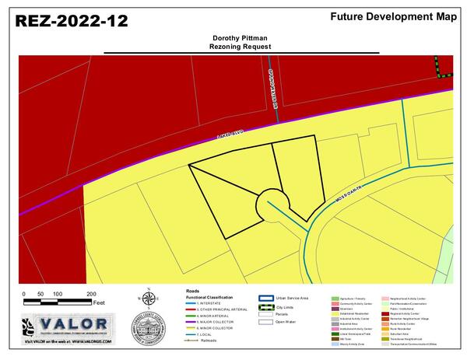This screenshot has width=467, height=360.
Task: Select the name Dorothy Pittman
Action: point(241,37)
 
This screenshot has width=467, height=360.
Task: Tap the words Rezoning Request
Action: point(241,47)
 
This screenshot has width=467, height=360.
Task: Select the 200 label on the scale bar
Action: point(91,293)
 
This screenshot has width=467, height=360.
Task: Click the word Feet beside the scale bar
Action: point(99,301)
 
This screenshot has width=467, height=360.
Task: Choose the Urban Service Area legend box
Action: point(265,298)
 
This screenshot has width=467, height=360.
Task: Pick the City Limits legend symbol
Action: point(265,306)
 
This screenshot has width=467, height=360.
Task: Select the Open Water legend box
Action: point(265,320)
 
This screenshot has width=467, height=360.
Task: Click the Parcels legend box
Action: point(265,313)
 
